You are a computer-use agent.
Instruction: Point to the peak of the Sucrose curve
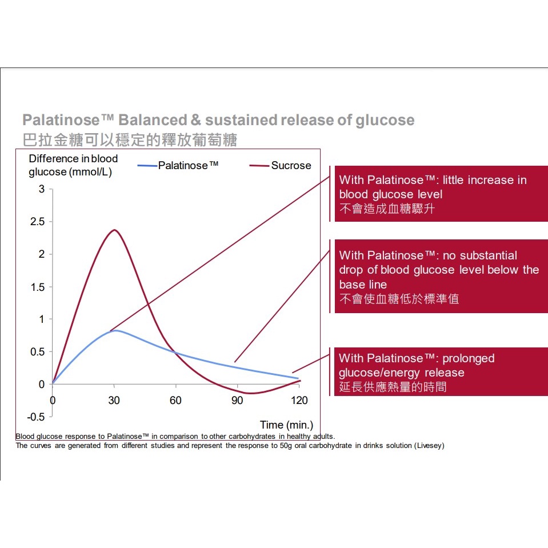tap(115, 230)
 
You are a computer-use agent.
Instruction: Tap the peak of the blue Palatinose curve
tap(115, 330)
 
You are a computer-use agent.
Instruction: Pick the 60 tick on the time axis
tap(175, 401)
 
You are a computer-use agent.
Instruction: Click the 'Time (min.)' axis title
tap(286, 425)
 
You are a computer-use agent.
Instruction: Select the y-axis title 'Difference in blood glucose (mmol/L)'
tap(73, 165)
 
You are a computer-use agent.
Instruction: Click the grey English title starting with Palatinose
tap(218, 120)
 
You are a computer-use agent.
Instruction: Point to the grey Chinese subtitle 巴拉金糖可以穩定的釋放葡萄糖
tap(130, 140)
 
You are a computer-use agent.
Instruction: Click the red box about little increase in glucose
tap(440, 194)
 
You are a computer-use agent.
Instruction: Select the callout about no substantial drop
tap(440, 276)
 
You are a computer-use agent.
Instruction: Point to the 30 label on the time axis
tap(114, 401)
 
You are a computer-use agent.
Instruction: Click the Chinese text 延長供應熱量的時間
tap(393, 387)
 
